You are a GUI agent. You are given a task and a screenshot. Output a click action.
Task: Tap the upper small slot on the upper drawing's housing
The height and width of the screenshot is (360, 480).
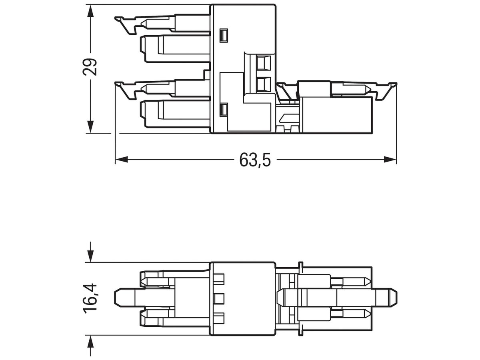point(224,36)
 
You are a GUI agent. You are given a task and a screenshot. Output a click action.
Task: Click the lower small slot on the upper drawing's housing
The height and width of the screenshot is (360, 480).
point(224,110)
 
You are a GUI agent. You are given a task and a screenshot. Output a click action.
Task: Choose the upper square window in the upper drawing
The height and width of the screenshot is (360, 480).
point(263,63)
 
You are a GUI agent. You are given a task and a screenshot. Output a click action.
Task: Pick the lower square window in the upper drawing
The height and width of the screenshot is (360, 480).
point(263,84)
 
